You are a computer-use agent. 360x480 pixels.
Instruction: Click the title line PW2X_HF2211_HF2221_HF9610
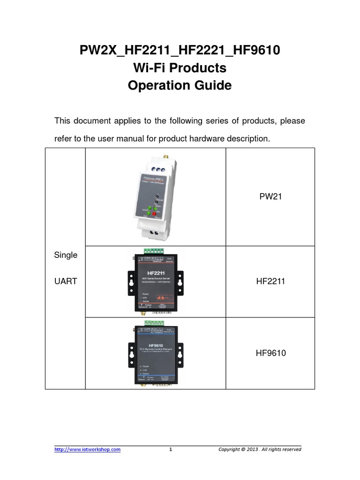coord(180,50)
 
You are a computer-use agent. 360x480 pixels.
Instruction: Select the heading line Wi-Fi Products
coord(180,68)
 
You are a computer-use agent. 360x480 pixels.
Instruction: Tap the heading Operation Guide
coord(180,86)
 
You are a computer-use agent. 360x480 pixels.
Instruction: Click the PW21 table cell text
coord(270,197)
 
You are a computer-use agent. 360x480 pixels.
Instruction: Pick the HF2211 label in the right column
coord(270,281)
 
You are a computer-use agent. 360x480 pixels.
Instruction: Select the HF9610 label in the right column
coord(270,353)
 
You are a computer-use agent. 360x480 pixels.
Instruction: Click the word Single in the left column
coord(66,255)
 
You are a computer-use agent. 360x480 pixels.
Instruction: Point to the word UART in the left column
coord(65,281)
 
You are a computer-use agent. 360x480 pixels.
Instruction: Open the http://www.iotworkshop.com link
coord(88,450)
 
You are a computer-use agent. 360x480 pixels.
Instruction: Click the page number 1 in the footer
coord(171,450)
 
